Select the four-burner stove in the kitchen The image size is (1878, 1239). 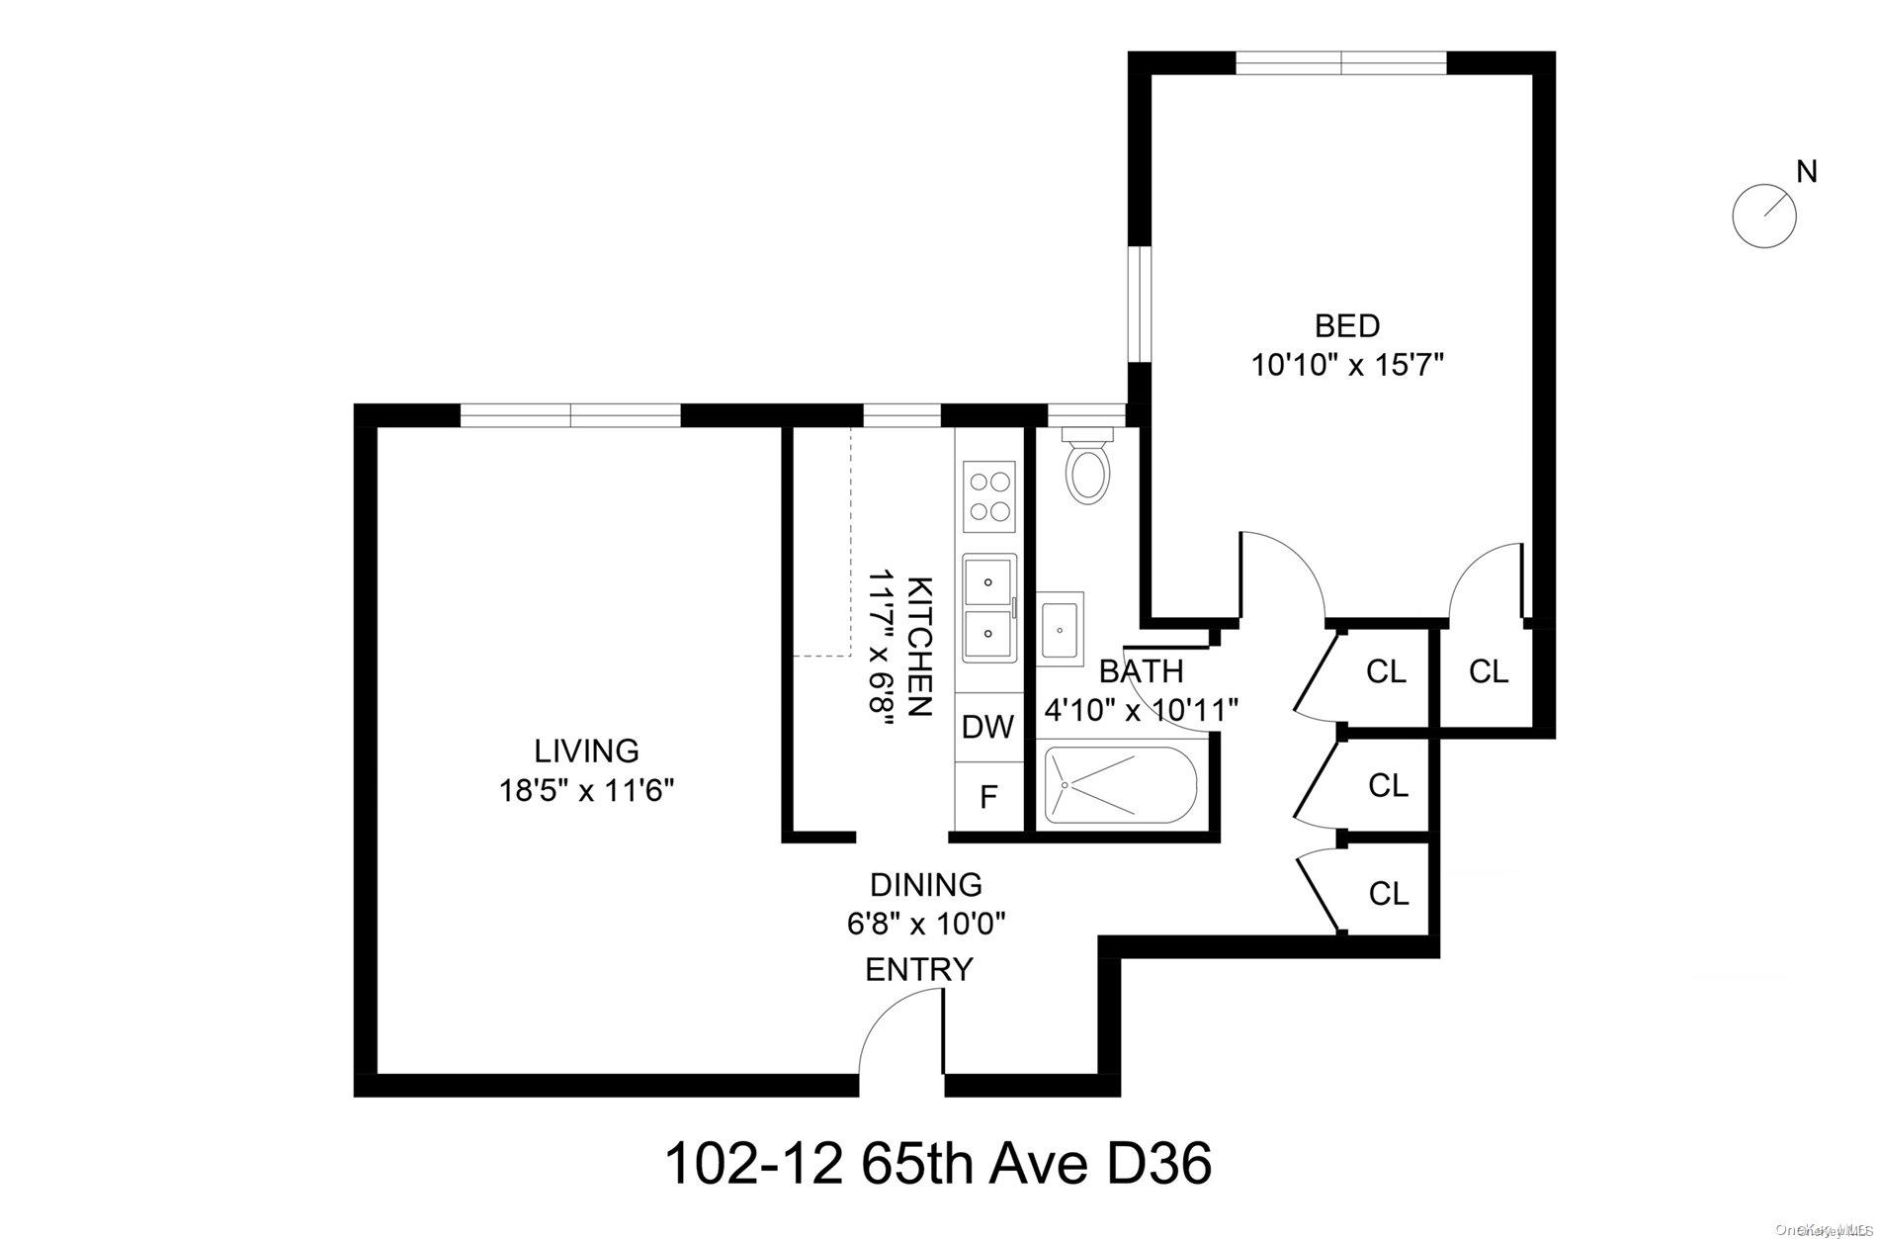(x=989, y=497)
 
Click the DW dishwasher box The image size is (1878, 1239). (x=988, y=727)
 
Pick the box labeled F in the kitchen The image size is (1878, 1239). (x=988, y=797)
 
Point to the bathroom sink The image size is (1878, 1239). (x=1061, y=627)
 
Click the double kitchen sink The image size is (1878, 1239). (x=988, y=606)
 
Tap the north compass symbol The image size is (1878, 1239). (x=1764, y=215)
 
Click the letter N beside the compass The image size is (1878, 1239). (x=1807, y=172)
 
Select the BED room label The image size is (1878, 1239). (x=1346, y=325)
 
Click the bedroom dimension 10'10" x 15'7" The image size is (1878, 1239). (x=1347, y=366)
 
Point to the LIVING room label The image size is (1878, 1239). (x=586, y=751)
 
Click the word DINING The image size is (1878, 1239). (x=925, y=883)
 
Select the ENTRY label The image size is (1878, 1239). (x=919, y=969)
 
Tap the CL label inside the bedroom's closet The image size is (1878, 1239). (x=1489, y=671)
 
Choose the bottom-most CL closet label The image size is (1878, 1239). (x=1388, y=894)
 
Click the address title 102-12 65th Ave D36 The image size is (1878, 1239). (x=937, y=1163)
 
